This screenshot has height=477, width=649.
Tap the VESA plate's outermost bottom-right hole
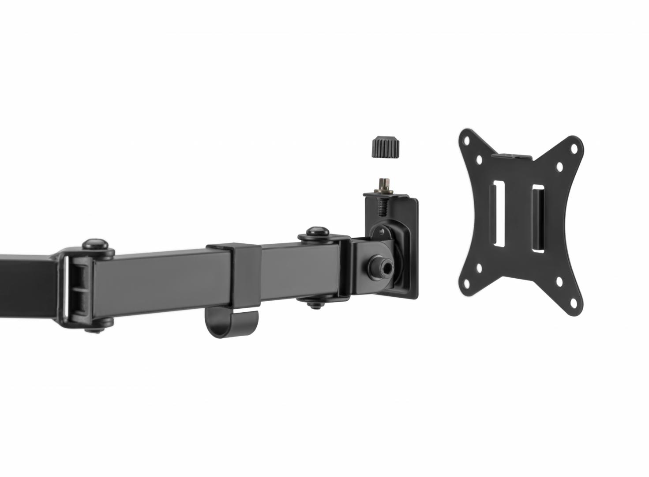click(x=573, y=302)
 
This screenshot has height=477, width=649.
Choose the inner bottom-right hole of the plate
click(x=559, y=281)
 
